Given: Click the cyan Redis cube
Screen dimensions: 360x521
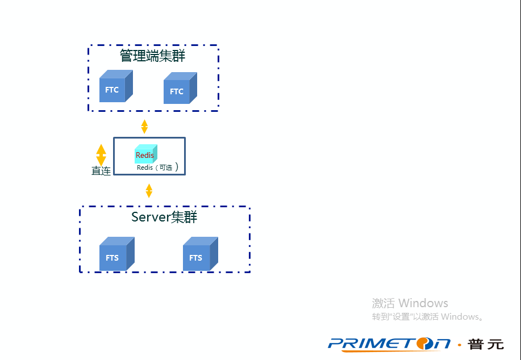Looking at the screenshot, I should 145,154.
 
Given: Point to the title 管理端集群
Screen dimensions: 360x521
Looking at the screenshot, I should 152,56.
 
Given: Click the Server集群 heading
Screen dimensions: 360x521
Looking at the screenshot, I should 164,217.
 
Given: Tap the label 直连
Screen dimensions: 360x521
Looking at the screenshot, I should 101,171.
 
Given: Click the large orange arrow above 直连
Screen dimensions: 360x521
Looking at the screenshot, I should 101,154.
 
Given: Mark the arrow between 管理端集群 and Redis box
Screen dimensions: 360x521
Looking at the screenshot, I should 144,126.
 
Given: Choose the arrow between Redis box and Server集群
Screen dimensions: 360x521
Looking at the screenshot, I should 149,190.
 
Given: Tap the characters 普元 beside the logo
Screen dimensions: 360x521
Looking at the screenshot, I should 486,344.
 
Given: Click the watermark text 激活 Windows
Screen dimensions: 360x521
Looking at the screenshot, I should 410,303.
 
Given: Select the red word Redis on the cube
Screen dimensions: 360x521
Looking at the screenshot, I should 145,156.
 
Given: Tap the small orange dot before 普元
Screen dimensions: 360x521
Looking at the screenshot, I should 459,344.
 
